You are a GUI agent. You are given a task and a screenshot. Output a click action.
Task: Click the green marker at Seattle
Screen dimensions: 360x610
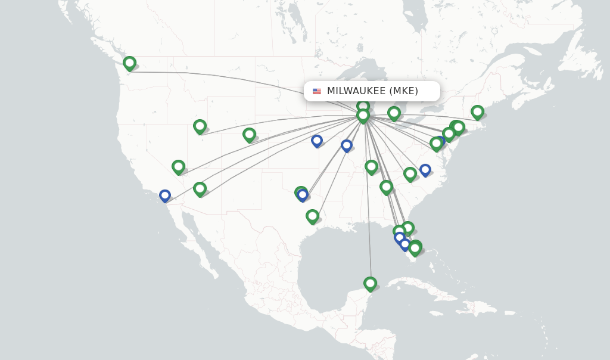coord(129,63)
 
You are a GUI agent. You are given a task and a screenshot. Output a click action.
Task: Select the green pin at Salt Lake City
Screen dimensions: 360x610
coord(200,126)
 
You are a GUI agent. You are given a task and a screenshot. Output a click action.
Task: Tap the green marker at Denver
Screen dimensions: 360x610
coord(249,135)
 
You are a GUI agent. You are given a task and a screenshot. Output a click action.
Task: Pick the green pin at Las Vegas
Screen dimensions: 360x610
coord(178,167)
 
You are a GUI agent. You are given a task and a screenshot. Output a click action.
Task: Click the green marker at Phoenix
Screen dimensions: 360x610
coord(200,189)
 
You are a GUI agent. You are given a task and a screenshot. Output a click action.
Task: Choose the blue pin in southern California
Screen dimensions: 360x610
coord(165,195)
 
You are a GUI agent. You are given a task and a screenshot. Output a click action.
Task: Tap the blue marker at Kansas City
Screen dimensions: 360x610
coord(317,141)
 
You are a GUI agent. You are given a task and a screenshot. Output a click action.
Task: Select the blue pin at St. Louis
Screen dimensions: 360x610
coord(347,145)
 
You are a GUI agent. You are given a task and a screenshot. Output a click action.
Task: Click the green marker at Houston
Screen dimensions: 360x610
coord(312,216)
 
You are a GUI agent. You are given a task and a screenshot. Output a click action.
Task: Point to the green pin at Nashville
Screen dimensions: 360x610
coord(371,166)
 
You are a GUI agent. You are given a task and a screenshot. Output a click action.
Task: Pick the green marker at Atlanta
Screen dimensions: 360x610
coord(386,187)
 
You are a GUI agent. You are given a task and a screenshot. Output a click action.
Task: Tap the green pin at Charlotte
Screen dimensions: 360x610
coord(410,173)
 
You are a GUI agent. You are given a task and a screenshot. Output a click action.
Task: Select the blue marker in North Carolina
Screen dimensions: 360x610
coord(425,170)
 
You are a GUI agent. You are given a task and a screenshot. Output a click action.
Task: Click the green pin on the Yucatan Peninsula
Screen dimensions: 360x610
coord(370,284)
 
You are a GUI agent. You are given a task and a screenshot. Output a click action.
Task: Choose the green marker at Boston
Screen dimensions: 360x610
coord(477,111)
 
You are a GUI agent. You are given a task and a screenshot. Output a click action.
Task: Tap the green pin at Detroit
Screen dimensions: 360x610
coord(394,113)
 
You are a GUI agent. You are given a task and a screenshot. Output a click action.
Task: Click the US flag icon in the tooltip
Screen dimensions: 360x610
coord(317,91)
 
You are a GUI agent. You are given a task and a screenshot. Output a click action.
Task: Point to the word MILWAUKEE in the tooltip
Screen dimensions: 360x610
coord(356,91)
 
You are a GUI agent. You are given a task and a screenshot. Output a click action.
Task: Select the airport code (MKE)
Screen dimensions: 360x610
coord(404,91)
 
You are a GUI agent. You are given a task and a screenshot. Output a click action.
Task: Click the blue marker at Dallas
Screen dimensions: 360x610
coord(303,195)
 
